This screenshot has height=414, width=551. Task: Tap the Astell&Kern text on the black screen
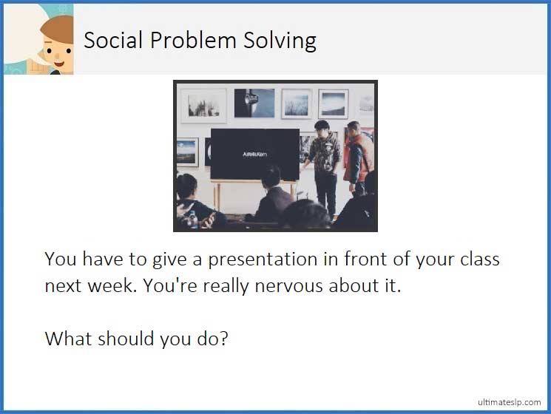pyautogui.click(x=254, y=154)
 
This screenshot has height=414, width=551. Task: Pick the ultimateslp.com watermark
pyautogui.click(x=509, y=401)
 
